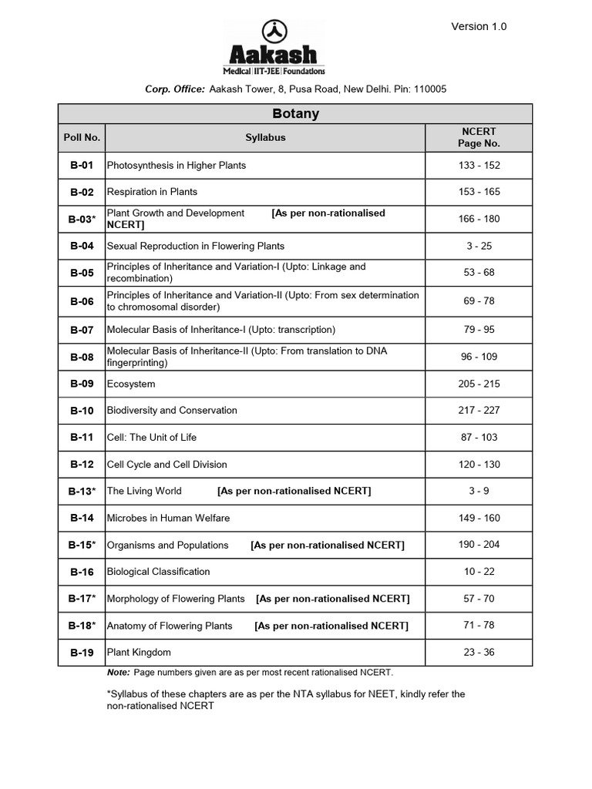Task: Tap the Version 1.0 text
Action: click(479, 26)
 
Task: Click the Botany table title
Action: click(295, 114)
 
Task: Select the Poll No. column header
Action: click(82, 138)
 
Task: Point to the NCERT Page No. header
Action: click(479, 138)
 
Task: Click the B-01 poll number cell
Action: click(82, 166)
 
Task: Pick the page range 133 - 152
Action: click(479, 166)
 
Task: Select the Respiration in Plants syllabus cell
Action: click(152, 192)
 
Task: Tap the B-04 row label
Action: click(82, 247)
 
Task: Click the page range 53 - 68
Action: click(479, 273)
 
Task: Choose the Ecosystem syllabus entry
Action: click(131, 384)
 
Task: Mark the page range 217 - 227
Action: click(479, 410)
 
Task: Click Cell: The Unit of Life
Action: click(152, 438)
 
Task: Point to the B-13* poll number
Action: click(82, 491)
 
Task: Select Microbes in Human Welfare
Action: click(168, 518)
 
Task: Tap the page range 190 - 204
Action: click(479, 545)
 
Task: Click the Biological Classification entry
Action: click(158, 572)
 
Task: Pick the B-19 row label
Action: click(82, 653)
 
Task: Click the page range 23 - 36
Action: click(479, 653)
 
